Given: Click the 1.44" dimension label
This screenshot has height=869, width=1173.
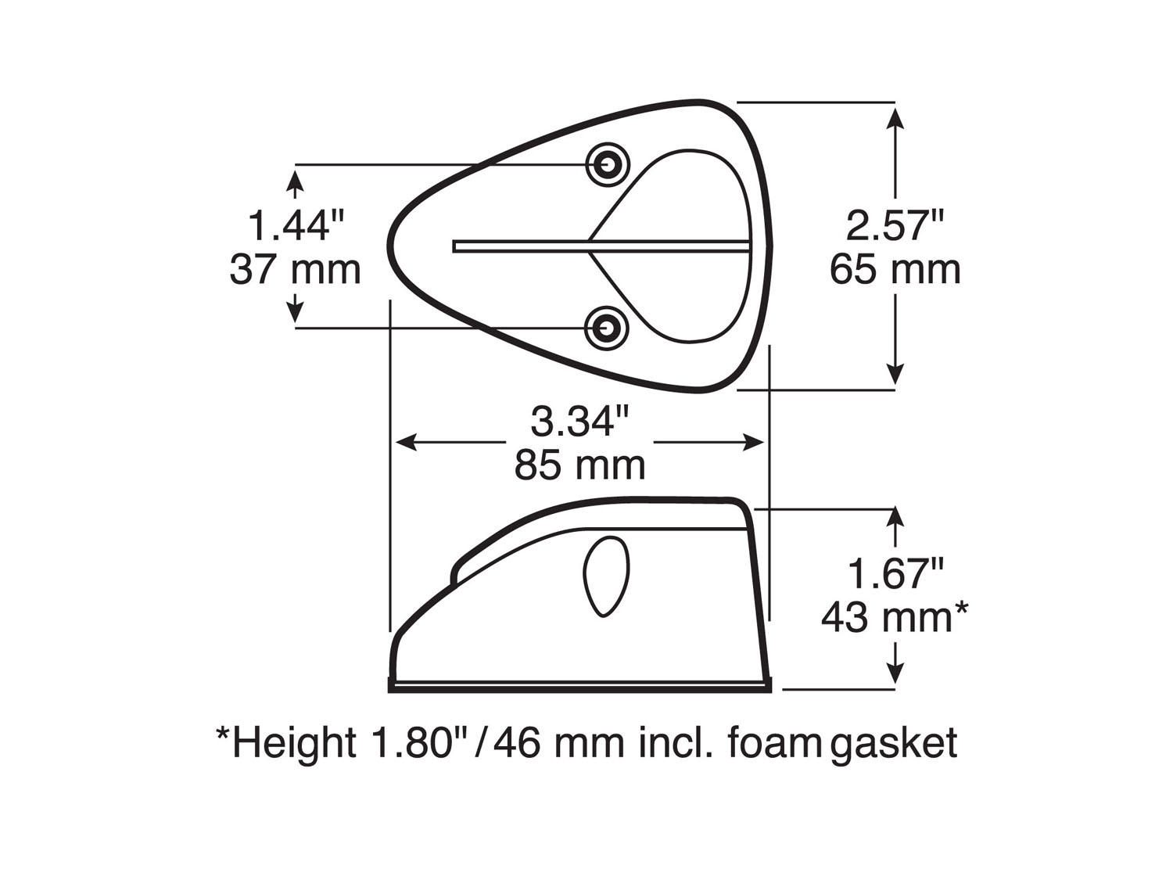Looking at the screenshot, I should point(296,226).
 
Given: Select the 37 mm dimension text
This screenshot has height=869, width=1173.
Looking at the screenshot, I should point(296,270).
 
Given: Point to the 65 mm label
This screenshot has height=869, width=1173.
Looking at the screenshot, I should point(895,270).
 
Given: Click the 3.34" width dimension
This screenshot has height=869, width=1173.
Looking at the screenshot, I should point(579,422).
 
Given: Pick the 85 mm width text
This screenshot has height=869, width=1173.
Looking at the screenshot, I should point(579,465).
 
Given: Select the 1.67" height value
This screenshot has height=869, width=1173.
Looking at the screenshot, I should point(895,575).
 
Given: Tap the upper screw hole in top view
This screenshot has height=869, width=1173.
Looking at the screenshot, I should point(608,164).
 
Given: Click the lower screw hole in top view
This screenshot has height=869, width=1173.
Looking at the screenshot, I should point(608,328).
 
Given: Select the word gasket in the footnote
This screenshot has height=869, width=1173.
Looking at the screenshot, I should point(894,743).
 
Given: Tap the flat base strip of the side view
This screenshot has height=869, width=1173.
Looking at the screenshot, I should point(579,687).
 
